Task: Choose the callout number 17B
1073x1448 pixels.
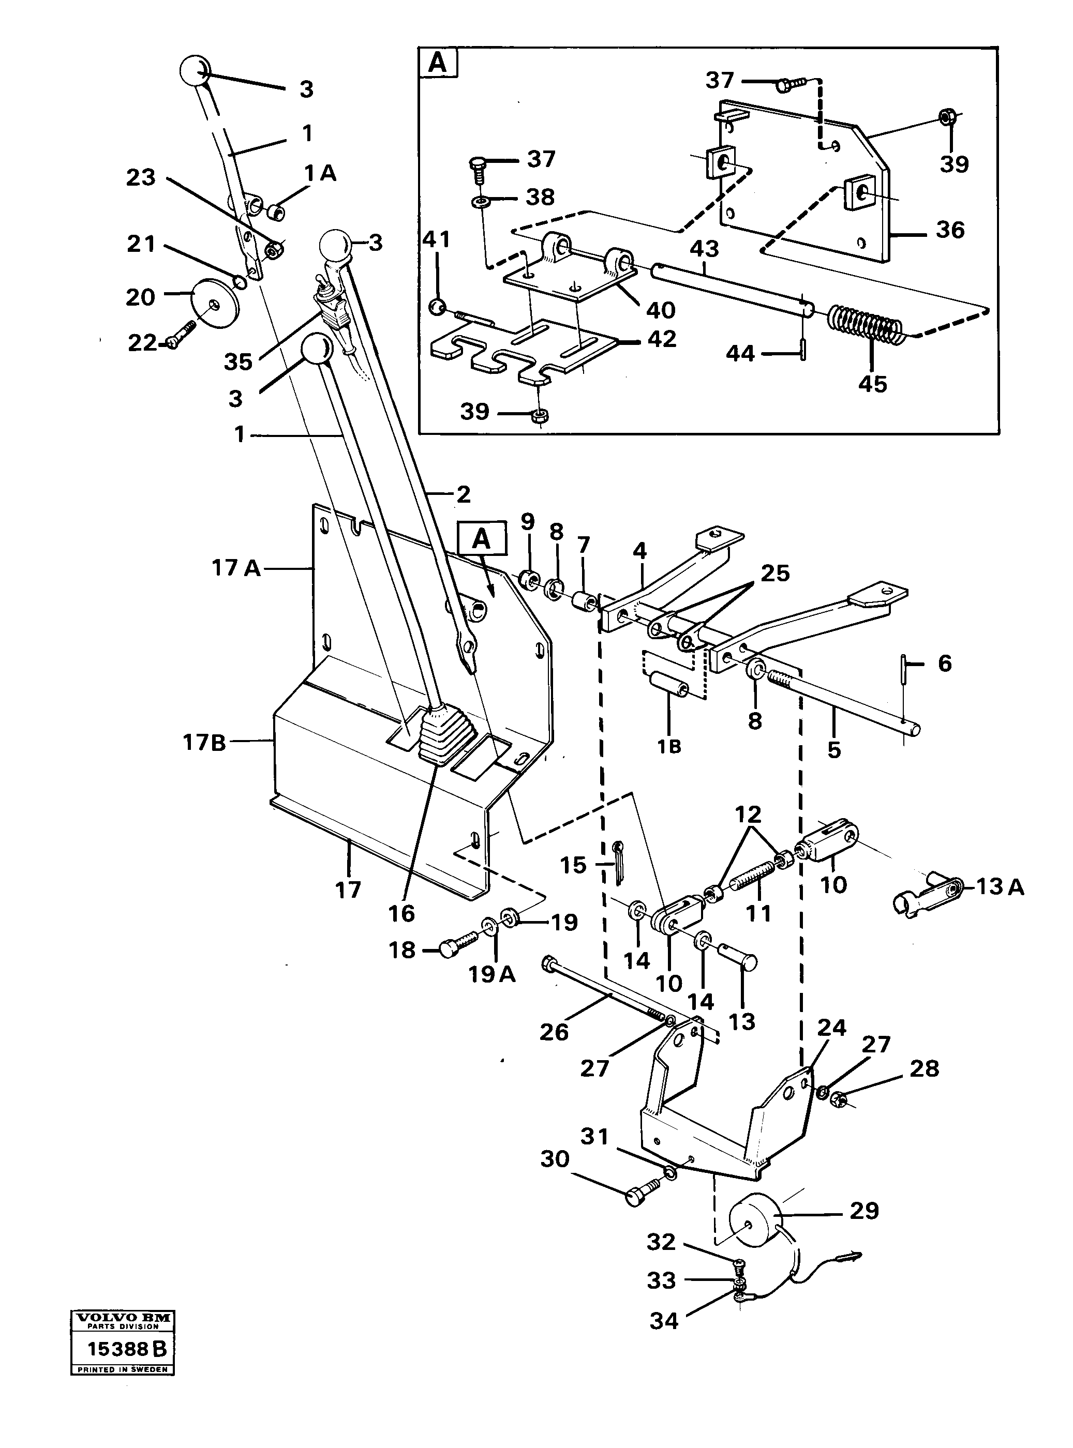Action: [x=204, y=742]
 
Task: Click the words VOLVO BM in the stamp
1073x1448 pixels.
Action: [x=122, y=1318]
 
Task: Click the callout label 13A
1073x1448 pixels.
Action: [x=1000, y=887]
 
